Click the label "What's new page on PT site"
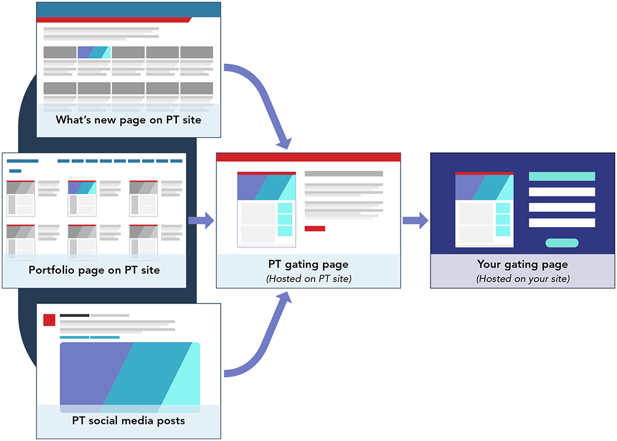point(128,120)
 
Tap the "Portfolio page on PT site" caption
point(94,270)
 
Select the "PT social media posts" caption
point(128,420)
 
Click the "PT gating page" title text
point(308,264)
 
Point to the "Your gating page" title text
point(522,264)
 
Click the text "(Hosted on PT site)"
point(308,279)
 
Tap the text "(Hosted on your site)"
point(522,279)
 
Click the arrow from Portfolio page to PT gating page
point(201,220)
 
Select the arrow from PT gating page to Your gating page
point(416,220)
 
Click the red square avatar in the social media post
point(49,320)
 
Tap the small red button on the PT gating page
point(315,228)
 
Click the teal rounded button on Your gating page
point(562,243)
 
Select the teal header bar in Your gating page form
point(562,176)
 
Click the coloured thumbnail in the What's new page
point(94,52)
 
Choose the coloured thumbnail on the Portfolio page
point(82,187)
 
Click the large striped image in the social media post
point(130,377)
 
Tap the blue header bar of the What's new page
point(129,10)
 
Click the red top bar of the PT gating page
point(308,157)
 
